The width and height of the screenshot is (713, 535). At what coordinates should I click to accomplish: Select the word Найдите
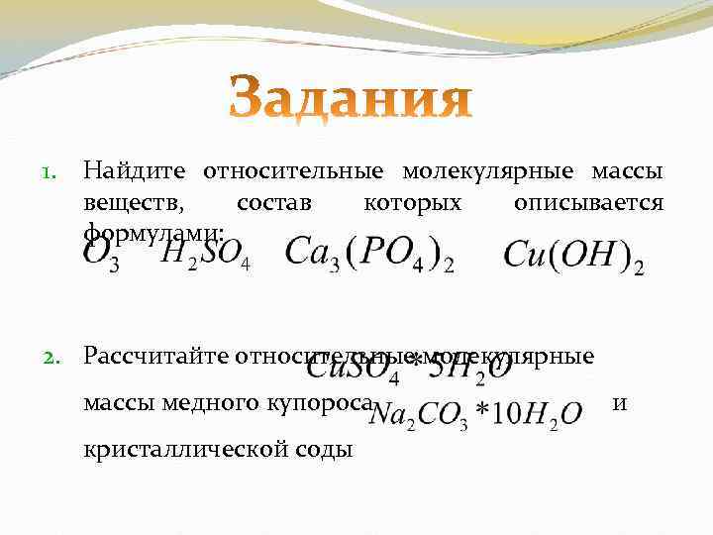pyautogui.click(x=137, y=172)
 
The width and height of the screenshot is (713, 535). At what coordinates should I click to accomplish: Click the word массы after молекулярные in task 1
pyautogui.click(x=628, y=172)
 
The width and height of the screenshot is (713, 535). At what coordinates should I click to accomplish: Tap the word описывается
pyautogui.click(x=589, y=203)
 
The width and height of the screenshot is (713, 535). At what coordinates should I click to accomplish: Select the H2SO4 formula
pyautogui.click(x=206, y=256)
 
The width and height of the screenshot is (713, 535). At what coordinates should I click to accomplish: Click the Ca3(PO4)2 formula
pyautogui.click(x=369, y=254)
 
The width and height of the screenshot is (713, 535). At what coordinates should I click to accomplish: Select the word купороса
pyautogui.click(x=319, y=402)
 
